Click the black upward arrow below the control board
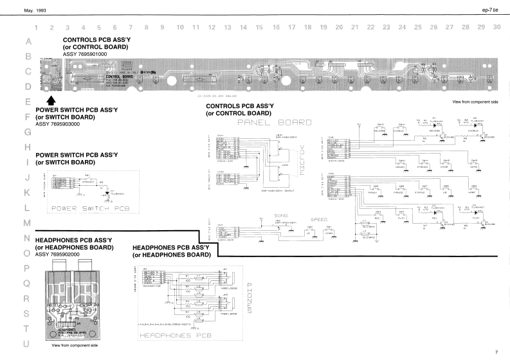pyautogui.click(x=51, y=100)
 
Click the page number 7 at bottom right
pyautogui.click(x=496, y=352)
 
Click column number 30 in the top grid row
pyautogui.click(x=496, y=28)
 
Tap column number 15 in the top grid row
pyautogui.click(x=259, y=28)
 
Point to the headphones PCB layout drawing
pyautogui.click(x=73, y=300)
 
